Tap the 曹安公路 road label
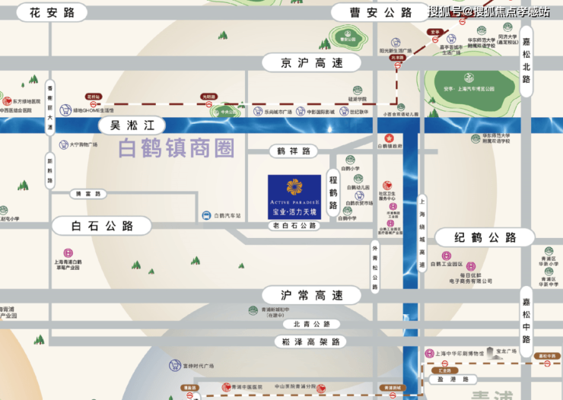[371, 12]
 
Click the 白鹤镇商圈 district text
[177, 148]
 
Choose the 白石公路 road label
[93, 226]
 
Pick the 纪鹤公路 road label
[485, 238]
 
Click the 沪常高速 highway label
[301, 294]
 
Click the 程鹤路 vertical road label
[332, 193]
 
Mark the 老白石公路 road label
[295, 226]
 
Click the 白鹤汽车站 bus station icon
[207, 216]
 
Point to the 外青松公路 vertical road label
[374, 267]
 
